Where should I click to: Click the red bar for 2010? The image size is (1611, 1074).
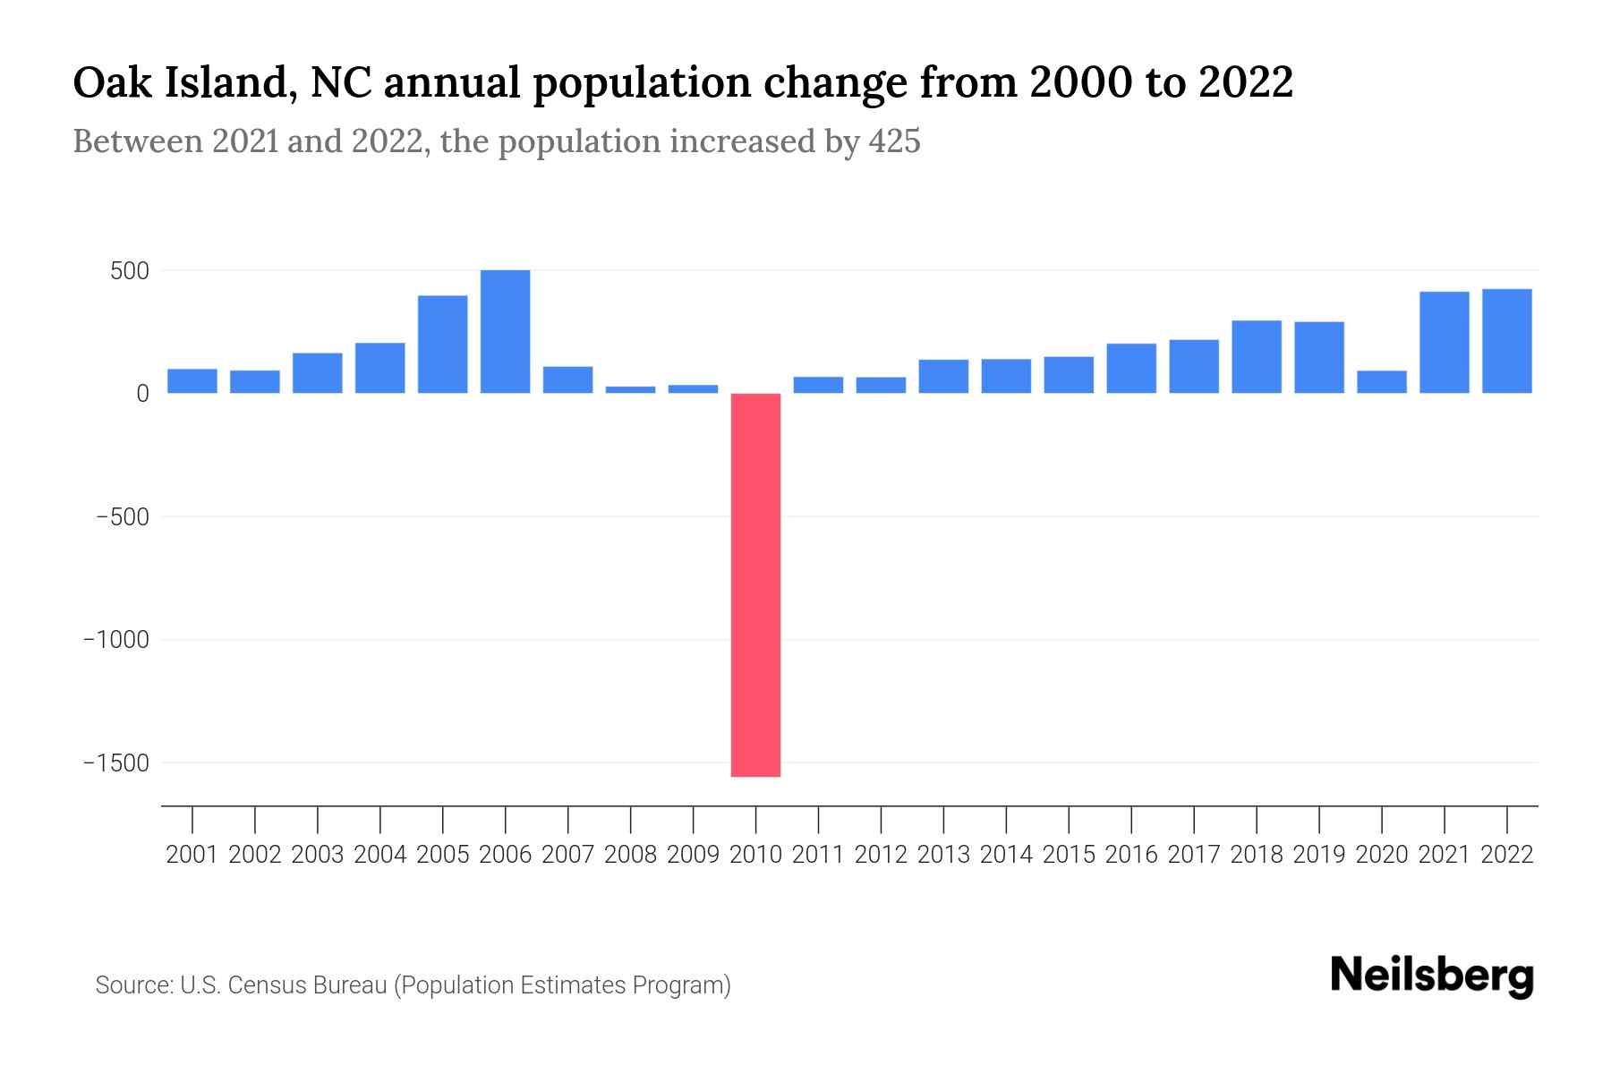[x=755, y=585]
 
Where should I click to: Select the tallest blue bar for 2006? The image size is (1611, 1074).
[x=505, y=331]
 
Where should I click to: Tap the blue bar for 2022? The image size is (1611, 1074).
[x=1506, y=341]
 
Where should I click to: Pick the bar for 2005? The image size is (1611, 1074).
[x=442, y=345]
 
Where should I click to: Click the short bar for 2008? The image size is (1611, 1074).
[x=630, y=389]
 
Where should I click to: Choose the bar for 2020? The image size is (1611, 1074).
[x=1381, y=382]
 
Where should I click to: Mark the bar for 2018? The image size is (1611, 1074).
[x=1256, y=357]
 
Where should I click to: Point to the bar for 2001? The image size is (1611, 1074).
[x=192, y=381]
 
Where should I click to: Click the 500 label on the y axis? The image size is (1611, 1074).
[x=129, y=271]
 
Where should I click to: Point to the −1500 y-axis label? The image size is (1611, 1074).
[x=116, y=763]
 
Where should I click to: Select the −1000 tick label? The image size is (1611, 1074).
[x=116, y=641]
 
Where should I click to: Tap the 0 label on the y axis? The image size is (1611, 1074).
[x=142, y=394]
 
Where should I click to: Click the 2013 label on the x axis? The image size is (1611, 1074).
[x=943, y=855]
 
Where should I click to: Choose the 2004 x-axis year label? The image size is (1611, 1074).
[x=380, y=855]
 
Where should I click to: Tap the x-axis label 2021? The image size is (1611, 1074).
[x=1444, y=855]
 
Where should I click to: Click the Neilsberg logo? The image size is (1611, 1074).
[x=1431, y=976]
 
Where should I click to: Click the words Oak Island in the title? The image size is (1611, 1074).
[x=184, y=83]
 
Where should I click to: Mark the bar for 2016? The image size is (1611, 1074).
[x=1130, y=369]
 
